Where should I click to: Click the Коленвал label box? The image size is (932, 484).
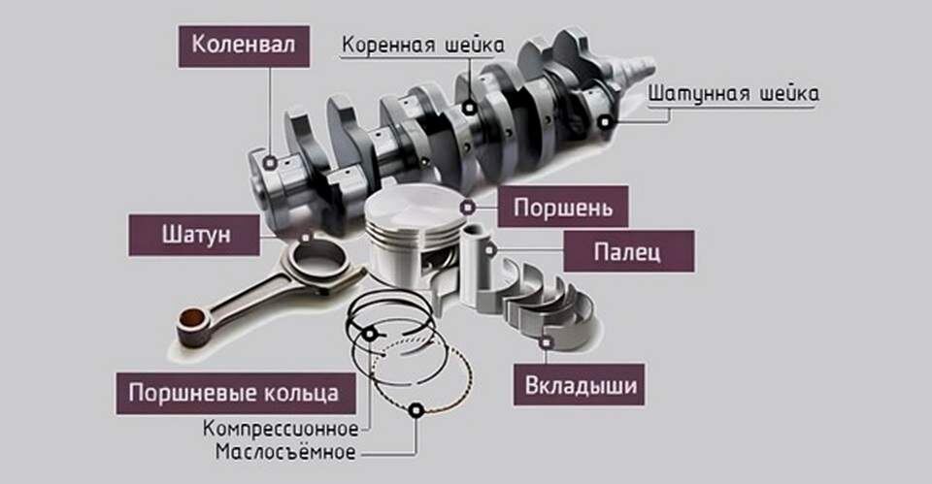click(x=238, y=45)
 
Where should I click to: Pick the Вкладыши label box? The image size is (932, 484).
click(x=581, y=386)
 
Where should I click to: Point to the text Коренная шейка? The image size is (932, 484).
click(x=422, y=45)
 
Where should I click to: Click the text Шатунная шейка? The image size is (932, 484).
click(x=733, y=94)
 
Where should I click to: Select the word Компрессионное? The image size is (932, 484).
click(x=281, y=428)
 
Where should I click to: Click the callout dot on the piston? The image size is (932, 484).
click(x=469, y=207)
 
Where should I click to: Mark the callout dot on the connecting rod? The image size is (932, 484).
click(x=306, y=236)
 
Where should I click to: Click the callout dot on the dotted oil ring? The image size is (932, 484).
click(x=416, y=411)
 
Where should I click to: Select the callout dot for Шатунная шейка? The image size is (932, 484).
click(x=607, y=122)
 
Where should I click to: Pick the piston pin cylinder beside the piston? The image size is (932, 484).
click(x=479, y=267)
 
